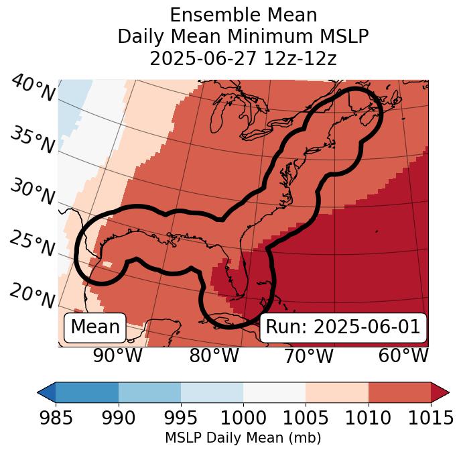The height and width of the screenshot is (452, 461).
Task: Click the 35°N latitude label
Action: coord(32,139)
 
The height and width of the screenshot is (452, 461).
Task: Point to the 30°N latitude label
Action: coord(32,192)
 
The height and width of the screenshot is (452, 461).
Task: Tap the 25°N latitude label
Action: coord(32,244)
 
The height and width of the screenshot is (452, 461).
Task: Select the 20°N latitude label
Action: coord(32,296)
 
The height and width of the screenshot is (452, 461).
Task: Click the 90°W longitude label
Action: coord(117,356)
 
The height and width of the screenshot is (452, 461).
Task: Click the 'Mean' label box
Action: coord(95,327)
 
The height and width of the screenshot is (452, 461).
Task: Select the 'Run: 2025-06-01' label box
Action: coord(343,327)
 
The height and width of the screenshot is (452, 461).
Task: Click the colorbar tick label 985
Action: coord(56,418)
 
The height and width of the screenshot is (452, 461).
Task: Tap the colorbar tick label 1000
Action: coord(243,418)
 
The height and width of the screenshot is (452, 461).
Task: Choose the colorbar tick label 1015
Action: coord(430,418)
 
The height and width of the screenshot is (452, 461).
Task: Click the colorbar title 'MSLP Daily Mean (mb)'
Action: coord(243,438)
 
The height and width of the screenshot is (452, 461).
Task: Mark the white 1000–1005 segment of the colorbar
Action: coord(274,392)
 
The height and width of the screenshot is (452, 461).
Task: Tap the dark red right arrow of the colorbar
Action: coord(440,392)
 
